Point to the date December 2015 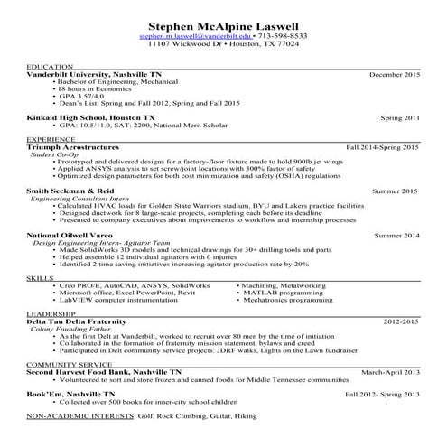[x=395, y=74]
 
